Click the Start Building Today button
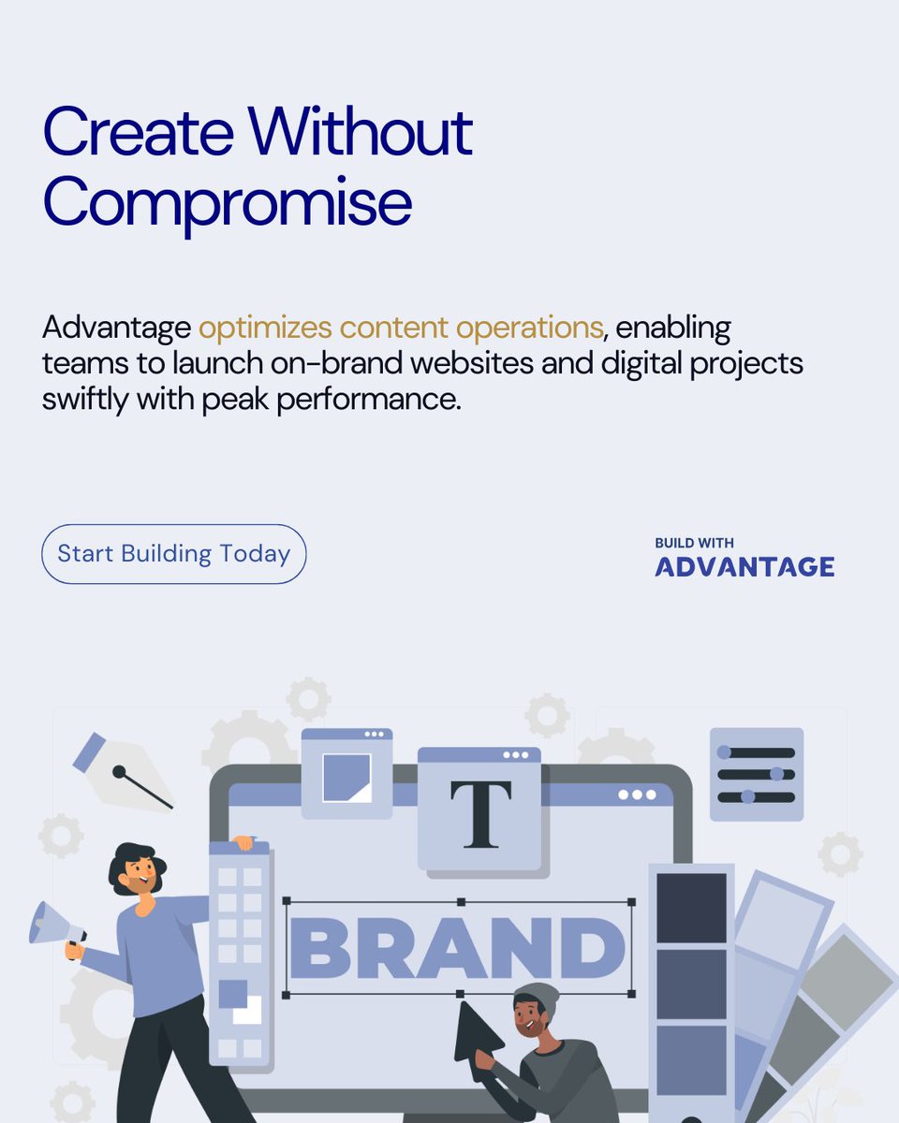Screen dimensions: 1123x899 coord(173,554)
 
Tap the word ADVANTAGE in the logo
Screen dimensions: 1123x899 coord(744,567)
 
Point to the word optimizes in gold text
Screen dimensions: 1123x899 coord(265,328)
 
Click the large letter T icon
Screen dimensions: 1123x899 coord(480,814)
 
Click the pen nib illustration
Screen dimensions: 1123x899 coord(122,772)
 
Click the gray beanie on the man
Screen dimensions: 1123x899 coord(537,997)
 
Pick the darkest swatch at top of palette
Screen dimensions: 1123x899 coord(691,908)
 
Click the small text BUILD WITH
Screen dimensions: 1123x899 coord(694,543)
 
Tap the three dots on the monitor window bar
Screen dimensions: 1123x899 coord(637,795)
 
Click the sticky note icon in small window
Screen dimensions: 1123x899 coord(346,777)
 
